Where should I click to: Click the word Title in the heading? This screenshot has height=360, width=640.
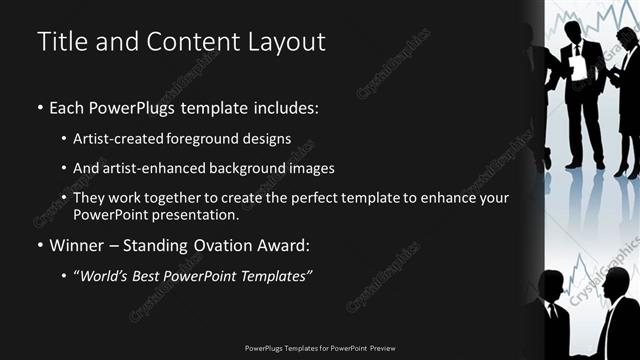tap(60, 42)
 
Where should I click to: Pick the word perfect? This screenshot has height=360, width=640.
tap(335, 198)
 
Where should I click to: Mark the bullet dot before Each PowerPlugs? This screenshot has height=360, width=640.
tap(39, 107)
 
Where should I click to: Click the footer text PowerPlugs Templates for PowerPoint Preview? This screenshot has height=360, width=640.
tap(320, 348)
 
